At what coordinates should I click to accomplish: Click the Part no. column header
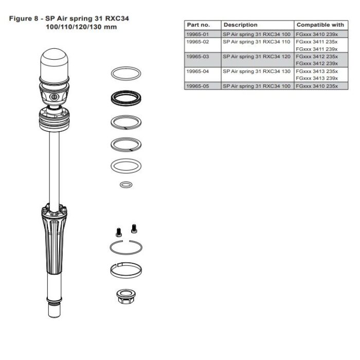(x=199, y=25)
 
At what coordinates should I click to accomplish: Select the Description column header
(x=241, y=25)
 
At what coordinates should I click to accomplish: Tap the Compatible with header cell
(x=320, y=25)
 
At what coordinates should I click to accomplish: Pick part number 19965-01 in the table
(x=198, y=33)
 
